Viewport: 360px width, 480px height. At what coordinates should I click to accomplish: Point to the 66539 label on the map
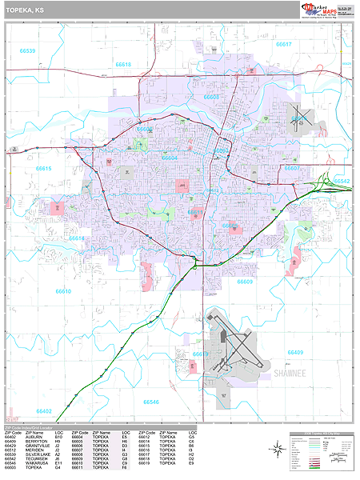(27, 50)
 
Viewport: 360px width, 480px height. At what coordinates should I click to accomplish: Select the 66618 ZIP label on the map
(122, 64)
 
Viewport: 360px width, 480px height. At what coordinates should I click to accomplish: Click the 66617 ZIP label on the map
(284, 45)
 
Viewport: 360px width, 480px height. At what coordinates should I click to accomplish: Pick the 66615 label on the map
(43, 169)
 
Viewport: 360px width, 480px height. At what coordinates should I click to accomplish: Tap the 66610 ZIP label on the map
(63, 291)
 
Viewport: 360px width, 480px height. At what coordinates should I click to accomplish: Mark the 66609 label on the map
(244, 282)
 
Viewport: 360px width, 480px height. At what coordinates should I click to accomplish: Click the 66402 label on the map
(43, 411)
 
